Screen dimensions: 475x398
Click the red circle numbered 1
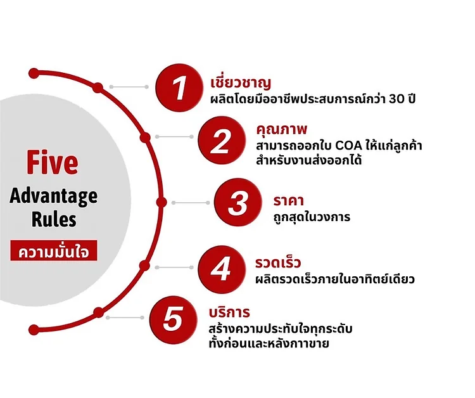(179, 87)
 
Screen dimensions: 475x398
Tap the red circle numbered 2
(222, 140)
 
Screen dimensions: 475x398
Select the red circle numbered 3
(237, 202)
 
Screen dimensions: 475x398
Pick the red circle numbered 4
(222, 269)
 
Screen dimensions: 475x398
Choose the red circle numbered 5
(173, 320)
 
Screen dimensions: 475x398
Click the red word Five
(53, 162)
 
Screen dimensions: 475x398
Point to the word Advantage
(54, 197)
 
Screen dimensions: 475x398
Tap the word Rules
(54, 219)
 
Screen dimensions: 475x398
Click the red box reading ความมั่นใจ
(54, 250)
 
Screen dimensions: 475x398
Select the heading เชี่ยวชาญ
(241, 82)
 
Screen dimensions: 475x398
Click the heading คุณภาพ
(281, 129)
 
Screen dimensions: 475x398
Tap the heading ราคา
(288, 201)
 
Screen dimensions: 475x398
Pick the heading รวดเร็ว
(278, 262)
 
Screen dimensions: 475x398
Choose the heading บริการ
(229, 312)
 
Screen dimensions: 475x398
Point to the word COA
(349, 146)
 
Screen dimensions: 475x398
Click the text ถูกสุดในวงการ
(312, 217)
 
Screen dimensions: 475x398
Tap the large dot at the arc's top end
(34, 74)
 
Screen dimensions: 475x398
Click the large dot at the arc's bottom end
(34, 330)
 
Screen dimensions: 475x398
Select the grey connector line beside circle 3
(191, 203)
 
